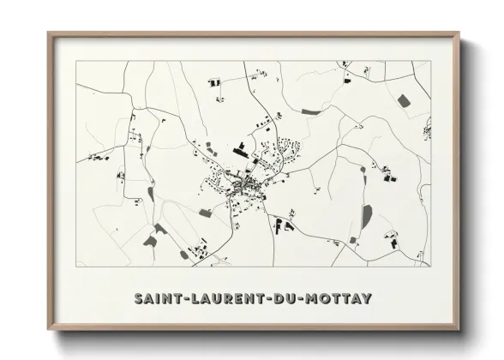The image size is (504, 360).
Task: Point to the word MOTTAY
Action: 340,298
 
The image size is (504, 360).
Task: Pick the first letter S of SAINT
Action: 140,298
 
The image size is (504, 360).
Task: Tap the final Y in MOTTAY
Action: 367,298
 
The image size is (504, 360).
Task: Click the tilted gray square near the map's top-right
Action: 403,101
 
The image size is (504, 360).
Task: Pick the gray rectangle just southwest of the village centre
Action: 206,211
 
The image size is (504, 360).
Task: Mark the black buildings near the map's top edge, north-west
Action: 214,82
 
